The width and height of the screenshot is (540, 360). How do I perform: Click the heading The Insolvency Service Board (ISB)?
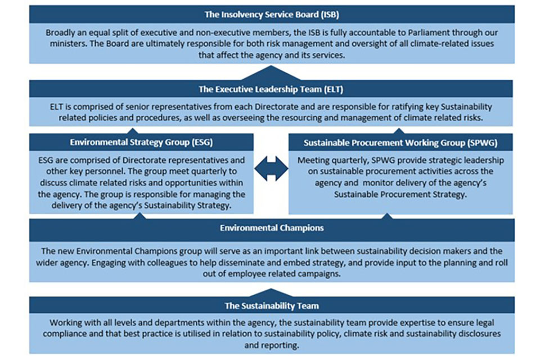[x=272, y=15]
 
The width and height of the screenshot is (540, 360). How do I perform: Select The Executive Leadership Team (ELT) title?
[x=271, y=89]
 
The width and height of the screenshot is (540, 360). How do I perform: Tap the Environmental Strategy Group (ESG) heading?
[x=141, y=142]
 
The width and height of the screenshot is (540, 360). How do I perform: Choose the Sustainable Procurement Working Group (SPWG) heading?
[x=400, y=143]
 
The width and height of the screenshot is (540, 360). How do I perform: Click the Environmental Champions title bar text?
[x=272, y=228]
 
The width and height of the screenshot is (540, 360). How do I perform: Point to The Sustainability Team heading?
[x=272, y=306]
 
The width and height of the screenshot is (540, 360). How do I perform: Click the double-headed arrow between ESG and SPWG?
[x=271, y=169]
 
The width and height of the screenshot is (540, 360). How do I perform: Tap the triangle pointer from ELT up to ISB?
[x=271, y=73]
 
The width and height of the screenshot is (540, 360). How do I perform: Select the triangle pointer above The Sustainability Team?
[x=271, y=292]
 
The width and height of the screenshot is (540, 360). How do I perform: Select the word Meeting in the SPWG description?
[x=313, y=160]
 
